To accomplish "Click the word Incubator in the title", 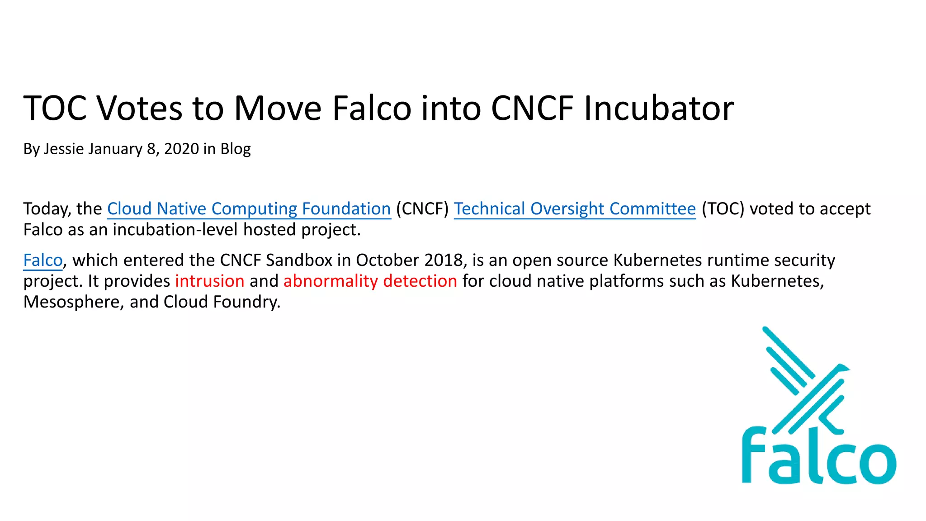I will (658, 109).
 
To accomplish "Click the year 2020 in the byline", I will (181, 149).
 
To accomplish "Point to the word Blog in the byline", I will (235, 149).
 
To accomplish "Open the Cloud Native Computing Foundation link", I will (249, 209).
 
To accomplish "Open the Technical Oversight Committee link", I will (575, 209).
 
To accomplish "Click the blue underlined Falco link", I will (43, 260).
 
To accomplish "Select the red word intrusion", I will (209, 281).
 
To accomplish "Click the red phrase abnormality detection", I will (370, 281).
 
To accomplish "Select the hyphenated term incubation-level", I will (175, 230).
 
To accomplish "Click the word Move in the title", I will (278, 109).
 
